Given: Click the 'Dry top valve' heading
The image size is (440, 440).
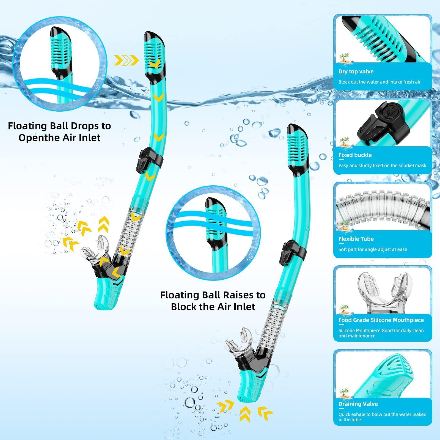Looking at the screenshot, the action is tap(356, 71).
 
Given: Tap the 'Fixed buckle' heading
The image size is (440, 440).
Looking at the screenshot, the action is tap(355, 155).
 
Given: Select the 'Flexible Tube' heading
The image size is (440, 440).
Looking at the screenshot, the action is tap(356, 239).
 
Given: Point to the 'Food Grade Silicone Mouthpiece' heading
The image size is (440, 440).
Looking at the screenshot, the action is tap(381, 320).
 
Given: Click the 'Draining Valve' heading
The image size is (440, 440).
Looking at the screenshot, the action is tap(358, 404).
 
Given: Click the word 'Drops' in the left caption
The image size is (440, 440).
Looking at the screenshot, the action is tap(83, 126).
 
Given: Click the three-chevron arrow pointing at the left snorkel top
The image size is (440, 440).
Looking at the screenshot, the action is tap(126, 60).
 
